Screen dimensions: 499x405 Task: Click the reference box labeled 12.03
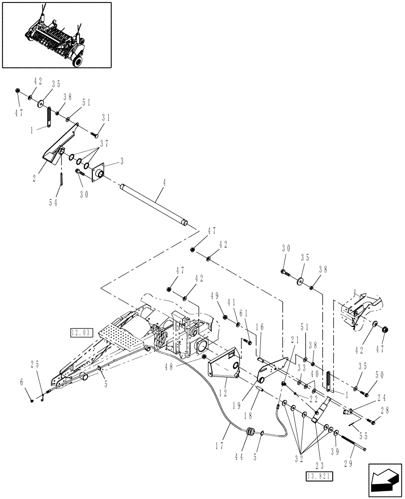82,331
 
